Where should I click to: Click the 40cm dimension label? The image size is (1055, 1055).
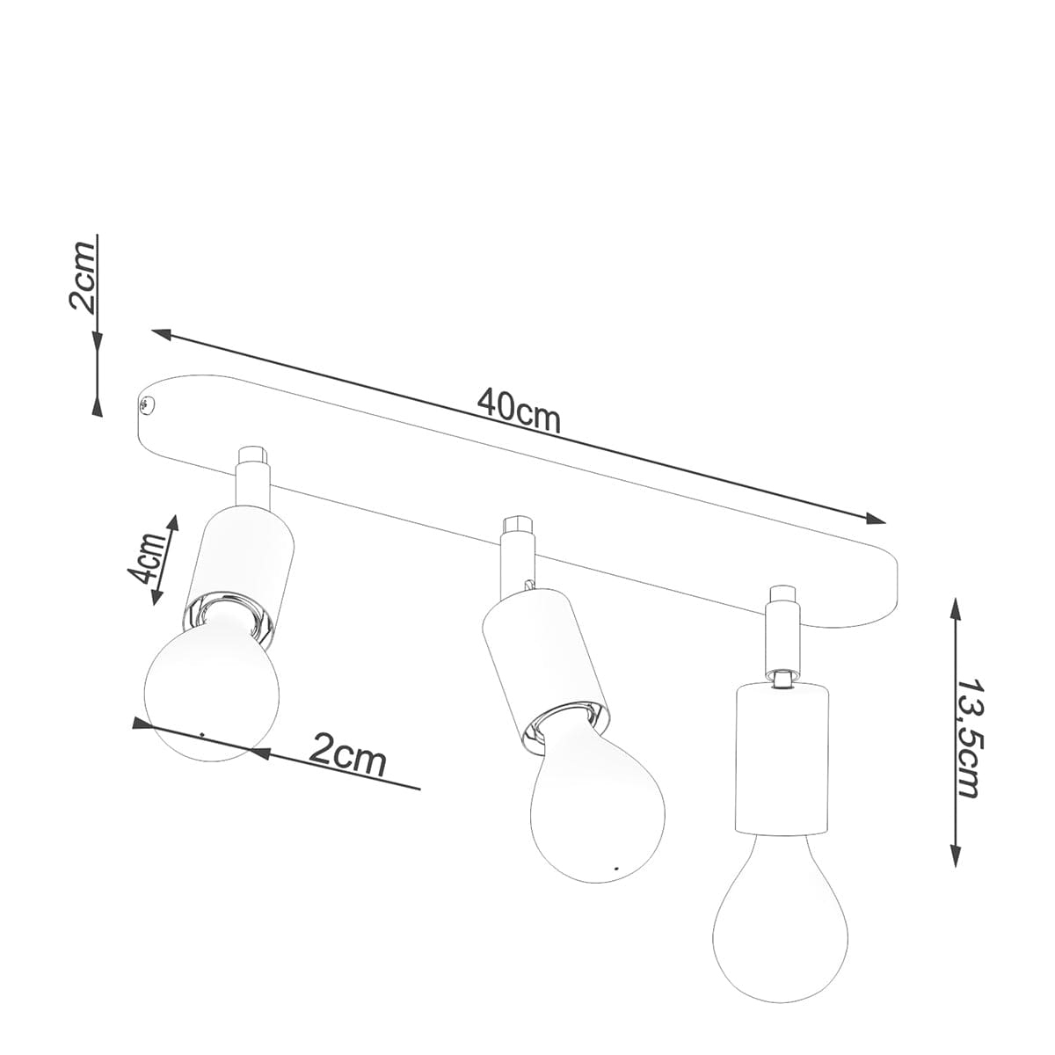pos(519,411)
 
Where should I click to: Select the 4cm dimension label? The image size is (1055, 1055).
pos(146,559)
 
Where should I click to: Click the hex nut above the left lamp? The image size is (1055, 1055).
pos(252,455)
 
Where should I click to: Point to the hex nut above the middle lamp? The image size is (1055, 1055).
pos(517,527)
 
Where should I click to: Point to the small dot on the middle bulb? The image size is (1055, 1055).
pos(615,869)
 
